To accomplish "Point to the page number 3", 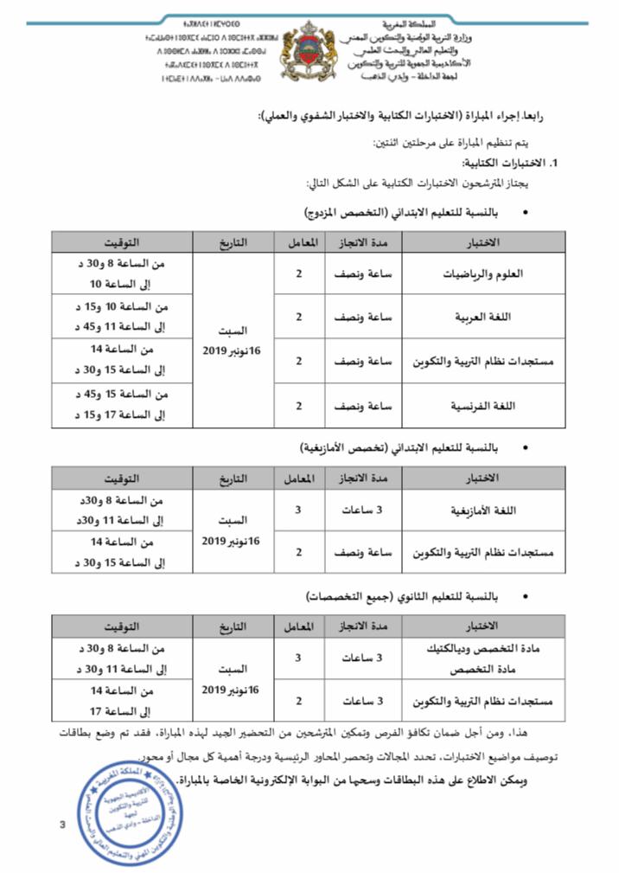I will [x=62, y=824].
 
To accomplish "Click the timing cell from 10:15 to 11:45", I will [x=122, y=317].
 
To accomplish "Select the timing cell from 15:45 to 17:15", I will [x=122, y=404].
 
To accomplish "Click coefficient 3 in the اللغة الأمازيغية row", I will [x=298, y=510].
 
